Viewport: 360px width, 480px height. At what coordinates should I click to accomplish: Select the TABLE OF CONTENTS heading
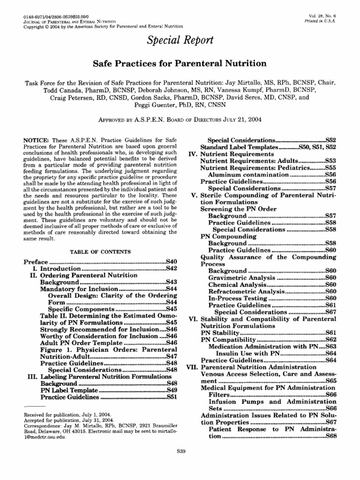click(x=100, y=252)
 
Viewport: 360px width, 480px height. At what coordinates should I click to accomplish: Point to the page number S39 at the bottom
click(x=180, y=451)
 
